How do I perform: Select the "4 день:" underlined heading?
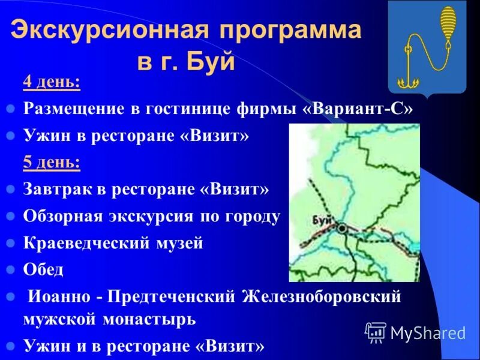tap(52, 82)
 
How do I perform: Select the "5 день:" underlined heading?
tap(52, 163)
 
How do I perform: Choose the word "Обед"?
tap(43, 270)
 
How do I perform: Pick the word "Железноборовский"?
tap(320, 297)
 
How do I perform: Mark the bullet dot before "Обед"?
tap(10, 271)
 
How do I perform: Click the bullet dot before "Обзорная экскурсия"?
tap(10, 217)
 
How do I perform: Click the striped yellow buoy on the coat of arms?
tap(447, 25)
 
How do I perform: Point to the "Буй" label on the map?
tap(322, 220)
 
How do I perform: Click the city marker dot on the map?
tap(341, 229)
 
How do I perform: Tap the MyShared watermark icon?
tap(376, 331)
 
